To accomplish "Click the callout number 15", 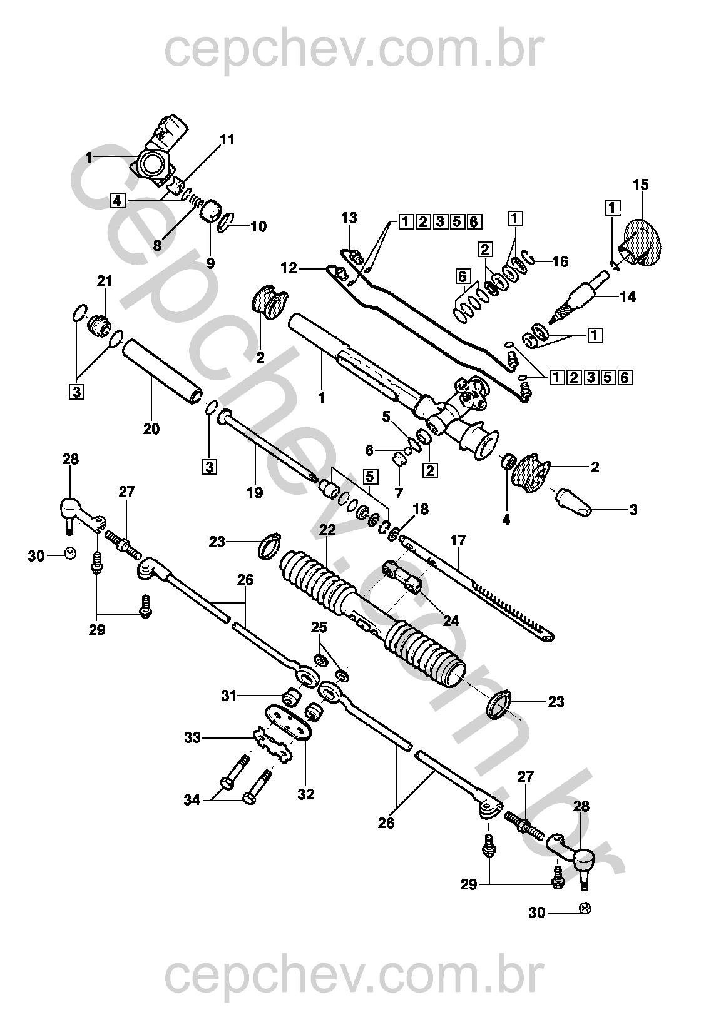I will [x=640, y=185].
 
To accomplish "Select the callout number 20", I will [x=151, y=429].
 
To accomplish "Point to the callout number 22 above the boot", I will [x=327, y=530].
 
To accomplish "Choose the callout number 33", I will [x=193, y=738].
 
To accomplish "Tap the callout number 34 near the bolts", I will [x=192, y=799].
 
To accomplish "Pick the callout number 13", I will [x=349, y=218].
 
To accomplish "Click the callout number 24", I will [x=451, y=621].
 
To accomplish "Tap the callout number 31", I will [x=230, y=695].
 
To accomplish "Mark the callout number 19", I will [x=255, y=493].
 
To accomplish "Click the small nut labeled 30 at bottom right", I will [x=586, y=908].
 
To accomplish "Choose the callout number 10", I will [x=258, y=226].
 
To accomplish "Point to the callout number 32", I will [x=306, y=794].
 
